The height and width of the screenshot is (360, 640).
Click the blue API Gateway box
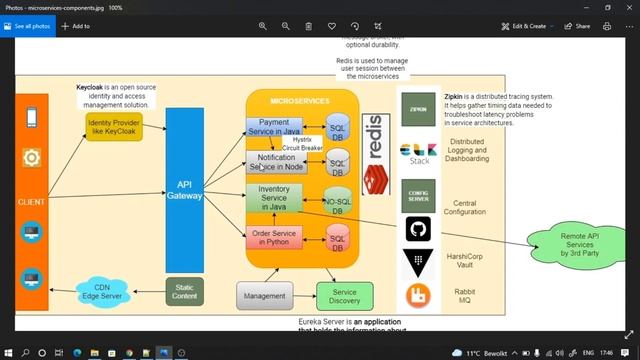point(184,190)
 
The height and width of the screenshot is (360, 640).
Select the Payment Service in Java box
point(274,127)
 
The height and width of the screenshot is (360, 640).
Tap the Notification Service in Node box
point(276,162)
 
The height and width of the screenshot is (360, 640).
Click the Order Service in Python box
point(274,237)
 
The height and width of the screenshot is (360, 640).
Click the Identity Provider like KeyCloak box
point(113,127)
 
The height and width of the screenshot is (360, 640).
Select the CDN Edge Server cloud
point(102,292)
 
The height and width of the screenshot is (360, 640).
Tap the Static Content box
point(185,291)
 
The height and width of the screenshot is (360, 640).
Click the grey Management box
point(264,295)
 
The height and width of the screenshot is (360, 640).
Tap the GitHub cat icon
point(418,230)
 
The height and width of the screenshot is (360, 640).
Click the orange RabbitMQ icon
point(418,296)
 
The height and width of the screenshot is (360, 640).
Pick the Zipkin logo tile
point(419,109)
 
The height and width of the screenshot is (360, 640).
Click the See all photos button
point(31,26)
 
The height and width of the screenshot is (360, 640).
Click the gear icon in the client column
point(31,157)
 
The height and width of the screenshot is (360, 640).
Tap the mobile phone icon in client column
point(31,118)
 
